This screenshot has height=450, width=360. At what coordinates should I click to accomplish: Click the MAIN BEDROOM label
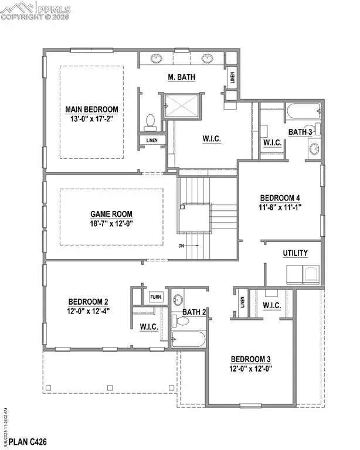pos(91,109)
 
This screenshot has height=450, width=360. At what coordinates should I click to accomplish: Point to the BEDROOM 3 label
pos(250,359)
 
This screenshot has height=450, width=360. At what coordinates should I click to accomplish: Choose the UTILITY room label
pos(295,253)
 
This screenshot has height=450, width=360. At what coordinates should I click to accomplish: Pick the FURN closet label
pos(155,297)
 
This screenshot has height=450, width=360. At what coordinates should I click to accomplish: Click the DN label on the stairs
pos(182,246)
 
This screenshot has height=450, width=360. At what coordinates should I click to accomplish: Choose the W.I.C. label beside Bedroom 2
pos(147,326)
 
